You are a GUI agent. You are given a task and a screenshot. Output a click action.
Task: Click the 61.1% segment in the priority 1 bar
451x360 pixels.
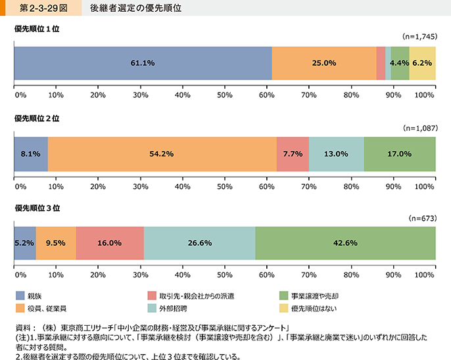pos(143,63)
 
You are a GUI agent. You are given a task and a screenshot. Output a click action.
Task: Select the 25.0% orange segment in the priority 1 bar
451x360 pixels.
pos(324,63)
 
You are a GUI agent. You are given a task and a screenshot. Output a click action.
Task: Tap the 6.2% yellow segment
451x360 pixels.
pos(423,63)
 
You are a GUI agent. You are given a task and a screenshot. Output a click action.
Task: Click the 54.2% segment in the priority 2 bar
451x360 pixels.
pos(162,154)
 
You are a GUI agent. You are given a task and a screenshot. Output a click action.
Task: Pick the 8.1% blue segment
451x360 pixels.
pos(31,154)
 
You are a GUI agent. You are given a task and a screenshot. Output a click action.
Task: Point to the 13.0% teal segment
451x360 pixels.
pos(336,154)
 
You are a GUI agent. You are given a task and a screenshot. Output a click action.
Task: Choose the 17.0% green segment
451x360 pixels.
pos(400,154)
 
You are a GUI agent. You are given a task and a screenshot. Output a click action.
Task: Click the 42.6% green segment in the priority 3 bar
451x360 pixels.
pos(345,243)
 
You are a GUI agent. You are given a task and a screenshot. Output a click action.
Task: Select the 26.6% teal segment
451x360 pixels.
pos(199,243)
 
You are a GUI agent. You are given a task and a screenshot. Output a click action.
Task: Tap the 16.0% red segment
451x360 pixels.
pos(110,243)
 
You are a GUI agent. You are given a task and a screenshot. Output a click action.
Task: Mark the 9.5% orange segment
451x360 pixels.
pos(56,243)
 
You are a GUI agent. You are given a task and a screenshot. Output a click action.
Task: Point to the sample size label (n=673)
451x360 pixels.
pos(422,217)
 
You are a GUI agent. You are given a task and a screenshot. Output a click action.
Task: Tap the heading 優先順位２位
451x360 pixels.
pos(37,119)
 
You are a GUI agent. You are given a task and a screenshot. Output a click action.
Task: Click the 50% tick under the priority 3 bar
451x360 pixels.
pos(225,275)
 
